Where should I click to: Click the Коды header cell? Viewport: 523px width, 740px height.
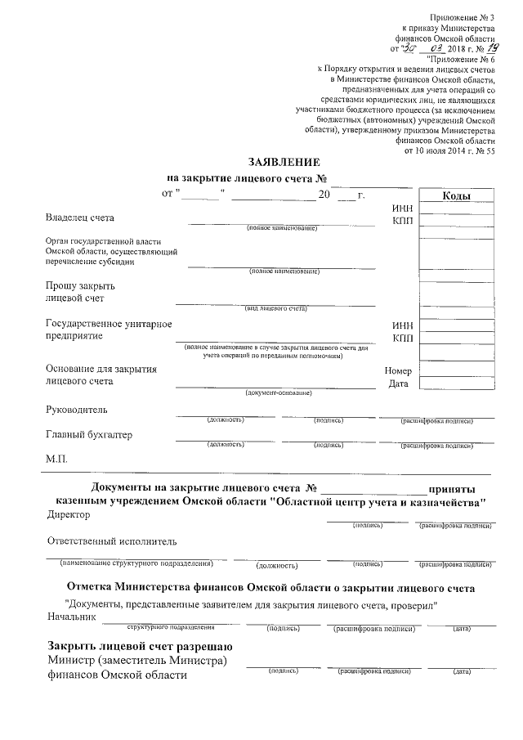tap(455, 196)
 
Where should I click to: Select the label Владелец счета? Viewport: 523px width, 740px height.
tap(81, 218)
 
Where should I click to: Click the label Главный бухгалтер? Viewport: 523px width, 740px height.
tap(89, 434)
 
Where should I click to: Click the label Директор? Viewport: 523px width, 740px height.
tap(69, 515)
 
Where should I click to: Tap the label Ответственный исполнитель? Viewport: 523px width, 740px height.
tap(112, 541)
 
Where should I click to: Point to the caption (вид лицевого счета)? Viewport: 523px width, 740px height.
tap(275, 308)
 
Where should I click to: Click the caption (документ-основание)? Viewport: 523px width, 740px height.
tap(279, 393)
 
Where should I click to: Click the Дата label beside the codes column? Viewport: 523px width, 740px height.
tap(398, 383)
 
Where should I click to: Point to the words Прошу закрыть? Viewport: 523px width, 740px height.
tap(81, 285)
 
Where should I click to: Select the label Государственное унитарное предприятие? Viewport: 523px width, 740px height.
tap(109, 330)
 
